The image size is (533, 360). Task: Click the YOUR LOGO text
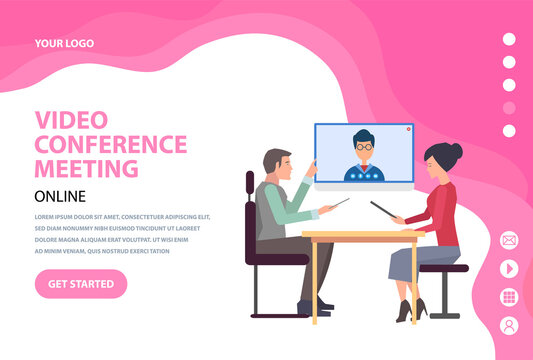64,43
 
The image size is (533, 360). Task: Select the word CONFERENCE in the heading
111,144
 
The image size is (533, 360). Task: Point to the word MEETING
86,168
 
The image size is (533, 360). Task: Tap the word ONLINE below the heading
60,196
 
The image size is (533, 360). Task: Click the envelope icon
509,240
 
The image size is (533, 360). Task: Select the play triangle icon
509,268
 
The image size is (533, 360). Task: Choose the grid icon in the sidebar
509,297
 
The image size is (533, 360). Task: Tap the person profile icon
509,326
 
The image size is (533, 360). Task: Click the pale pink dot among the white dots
509,108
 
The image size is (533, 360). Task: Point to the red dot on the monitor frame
408,129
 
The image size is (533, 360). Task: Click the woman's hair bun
456,150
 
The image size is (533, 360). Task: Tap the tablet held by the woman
383,210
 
